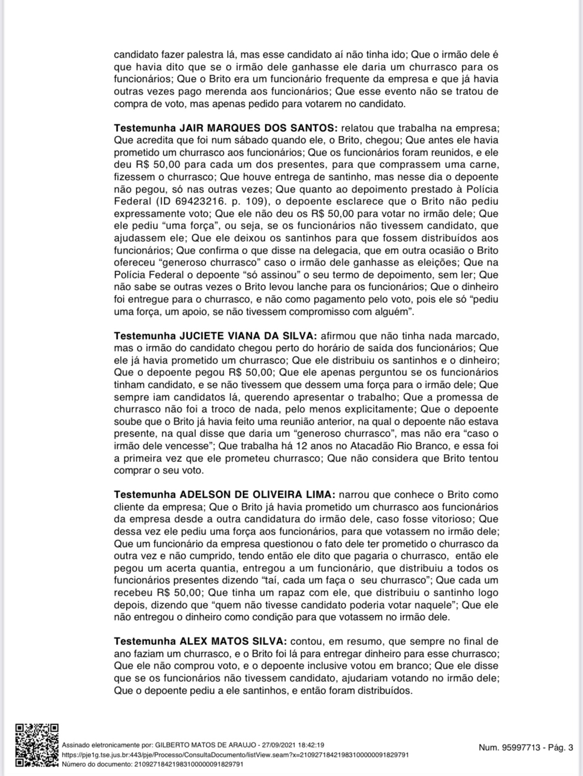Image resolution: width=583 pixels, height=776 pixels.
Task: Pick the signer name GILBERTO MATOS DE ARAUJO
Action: click(x=206, y=744)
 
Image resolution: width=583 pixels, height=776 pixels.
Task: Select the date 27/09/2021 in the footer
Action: click(x=279, y=744)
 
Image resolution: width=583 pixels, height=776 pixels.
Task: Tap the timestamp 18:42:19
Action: click(x=311, y=744)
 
